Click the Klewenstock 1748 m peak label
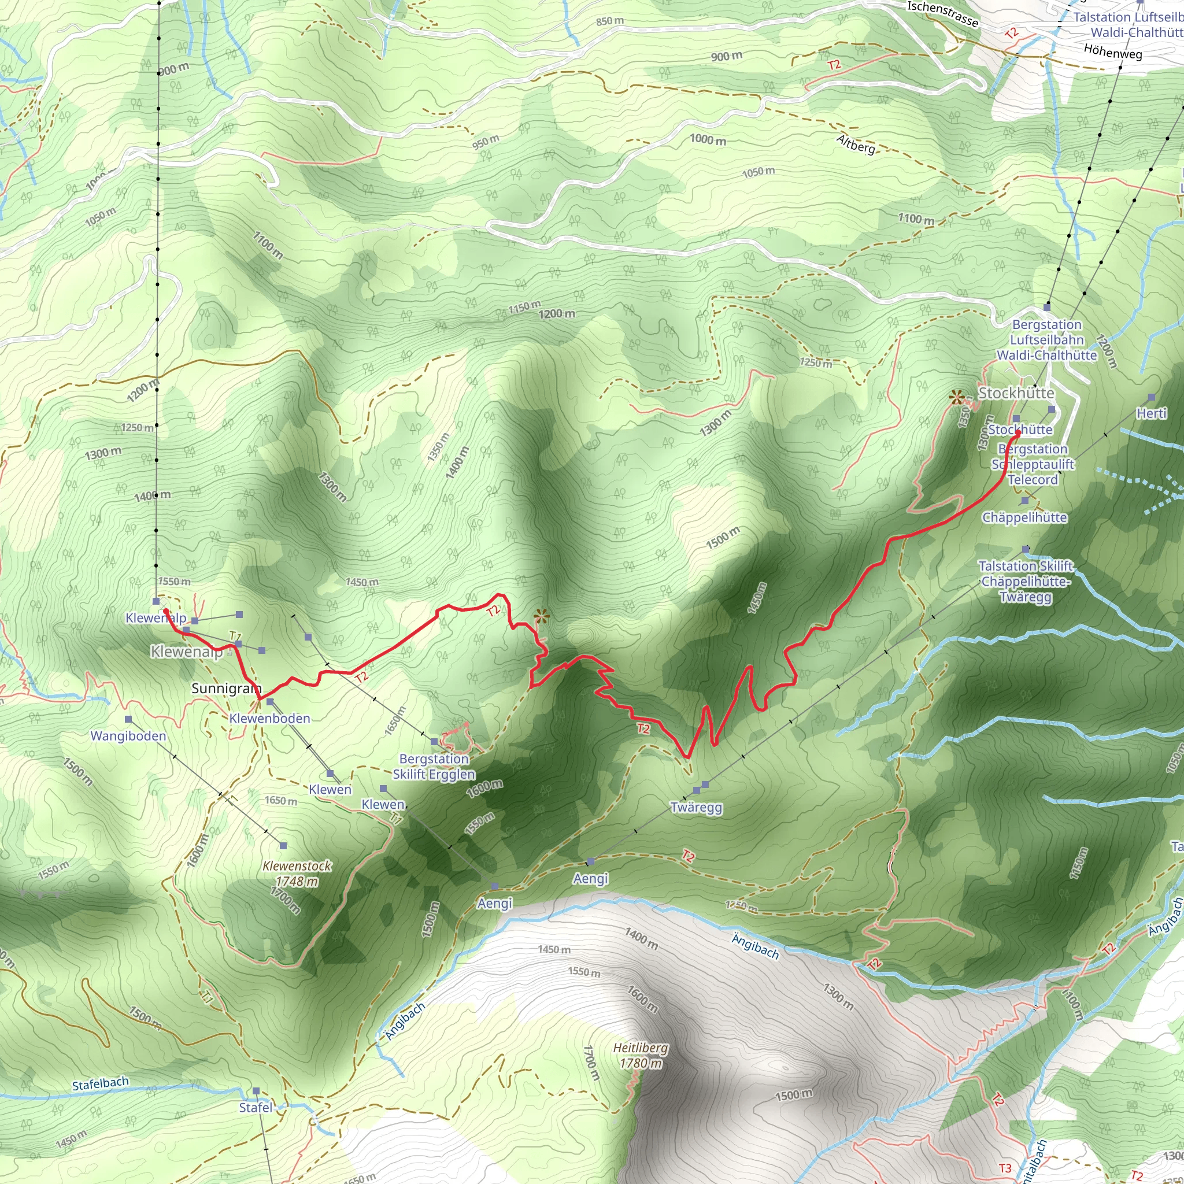297,874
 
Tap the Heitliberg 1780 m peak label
641,1054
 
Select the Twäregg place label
696,807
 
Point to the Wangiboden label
128,735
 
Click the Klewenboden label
269,717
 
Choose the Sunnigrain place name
226,688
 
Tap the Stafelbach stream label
101,1083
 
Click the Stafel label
256,1107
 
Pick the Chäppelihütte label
1024,517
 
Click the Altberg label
856,145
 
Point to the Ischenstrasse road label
942,14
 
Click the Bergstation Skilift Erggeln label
434,766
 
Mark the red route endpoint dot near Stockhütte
1018,433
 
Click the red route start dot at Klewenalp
165,611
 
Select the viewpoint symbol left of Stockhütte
956,398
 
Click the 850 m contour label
610,21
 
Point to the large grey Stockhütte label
1016,393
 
